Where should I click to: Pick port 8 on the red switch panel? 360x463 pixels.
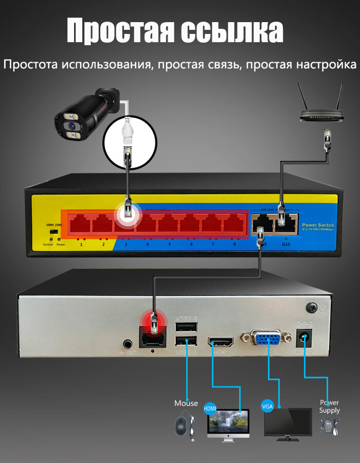(x=235, y=224)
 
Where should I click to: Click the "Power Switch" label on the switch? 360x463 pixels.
(x=318, y=225)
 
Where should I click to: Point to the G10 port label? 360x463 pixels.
(x=286, y=244)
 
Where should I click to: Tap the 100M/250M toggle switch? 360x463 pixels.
(x=52, y=233)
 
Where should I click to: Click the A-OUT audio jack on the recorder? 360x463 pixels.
(x=127, y=343)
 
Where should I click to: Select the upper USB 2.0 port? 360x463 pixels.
(x=186, y=328)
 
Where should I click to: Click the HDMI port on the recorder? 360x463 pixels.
(x=221, y=342)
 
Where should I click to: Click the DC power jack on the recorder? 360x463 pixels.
(x=305, y=340)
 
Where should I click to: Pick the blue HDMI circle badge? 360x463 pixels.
(x=210, y=408)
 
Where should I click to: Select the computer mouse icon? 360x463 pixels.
(x=180, y=425)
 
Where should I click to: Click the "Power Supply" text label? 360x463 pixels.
(x=330, y=406)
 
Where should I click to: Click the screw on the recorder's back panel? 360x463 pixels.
(x=311, y=308)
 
